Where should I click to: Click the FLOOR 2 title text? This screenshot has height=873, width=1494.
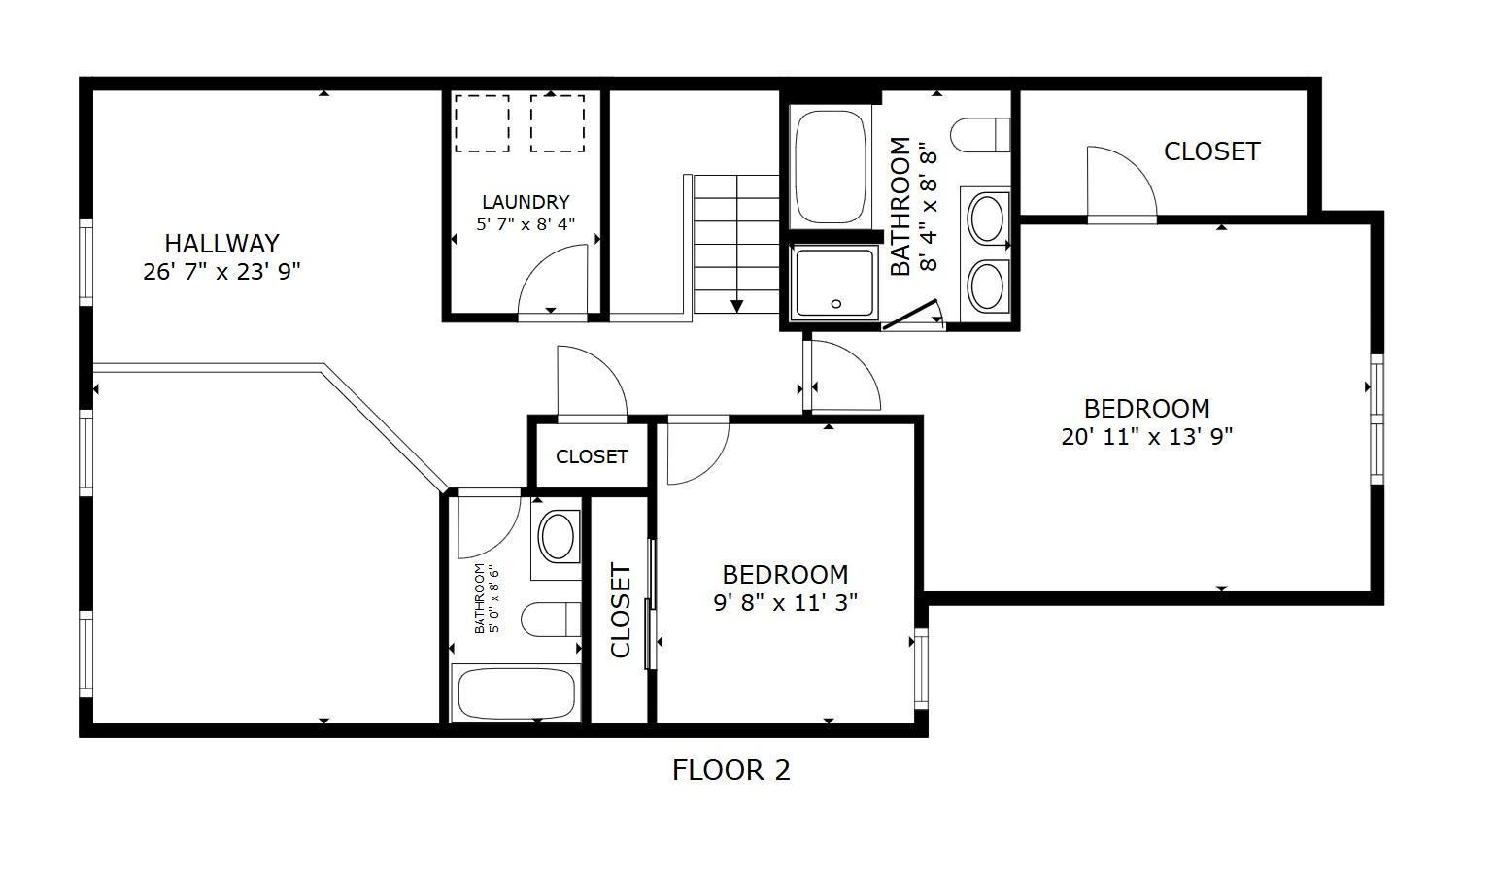731,770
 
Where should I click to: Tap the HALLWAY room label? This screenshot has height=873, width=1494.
221,243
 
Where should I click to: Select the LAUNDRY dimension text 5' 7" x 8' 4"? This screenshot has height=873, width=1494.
526,224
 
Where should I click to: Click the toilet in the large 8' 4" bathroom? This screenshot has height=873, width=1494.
980,135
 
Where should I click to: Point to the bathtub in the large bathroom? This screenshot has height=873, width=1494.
831,167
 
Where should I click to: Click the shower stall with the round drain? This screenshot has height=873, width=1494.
833,284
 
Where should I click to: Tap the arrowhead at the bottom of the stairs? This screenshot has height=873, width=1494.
736,306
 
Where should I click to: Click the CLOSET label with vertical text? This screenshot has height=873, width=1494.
621,610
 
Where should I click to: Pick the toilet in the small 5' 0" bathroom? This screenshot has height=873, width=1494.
551,620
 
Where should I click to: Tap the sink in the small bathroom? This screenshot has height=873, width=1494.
557,537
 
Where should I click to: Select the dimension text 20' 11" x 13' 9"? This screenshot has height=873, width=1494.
1146,437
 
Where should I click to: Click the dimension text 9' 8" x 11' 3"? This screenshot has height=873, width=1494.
785,603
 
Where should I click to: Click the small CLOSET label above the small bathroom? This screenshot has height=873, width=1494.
592,456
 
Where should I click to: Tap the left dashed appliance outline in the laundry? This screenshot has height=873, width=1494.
482,123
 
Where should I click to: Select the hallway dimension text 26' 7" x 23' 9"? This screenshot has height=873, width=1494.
221,272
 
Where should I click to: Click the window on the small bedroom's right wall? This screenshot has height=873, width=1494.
921,668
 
